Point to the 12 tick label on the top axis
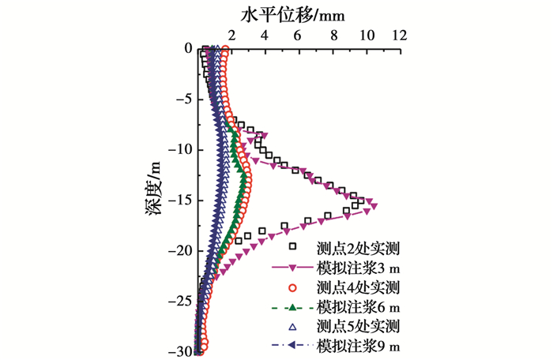tap(400, 36)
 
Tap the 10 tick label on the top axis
tap(366, 36)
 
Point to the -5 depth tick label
tap(182, 99)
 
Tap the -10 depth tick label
tap(179, 149)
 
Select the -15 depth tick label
tap(179, 200)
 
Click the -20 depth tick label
tap(179, 250)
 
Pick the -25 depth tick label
tap(179, 301)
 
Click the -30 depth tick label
tap(179, 351)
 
